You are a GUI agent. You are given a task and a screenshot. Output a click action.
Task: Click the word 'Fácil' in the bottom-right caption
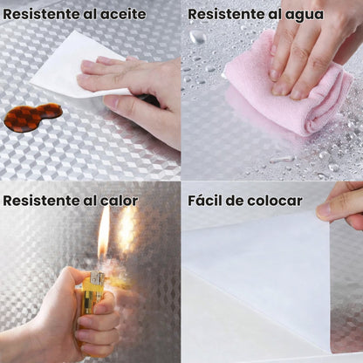coord(205,201)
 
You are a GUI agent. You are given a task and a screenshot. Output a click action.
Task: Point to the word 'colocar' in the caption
coord(274,201)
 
